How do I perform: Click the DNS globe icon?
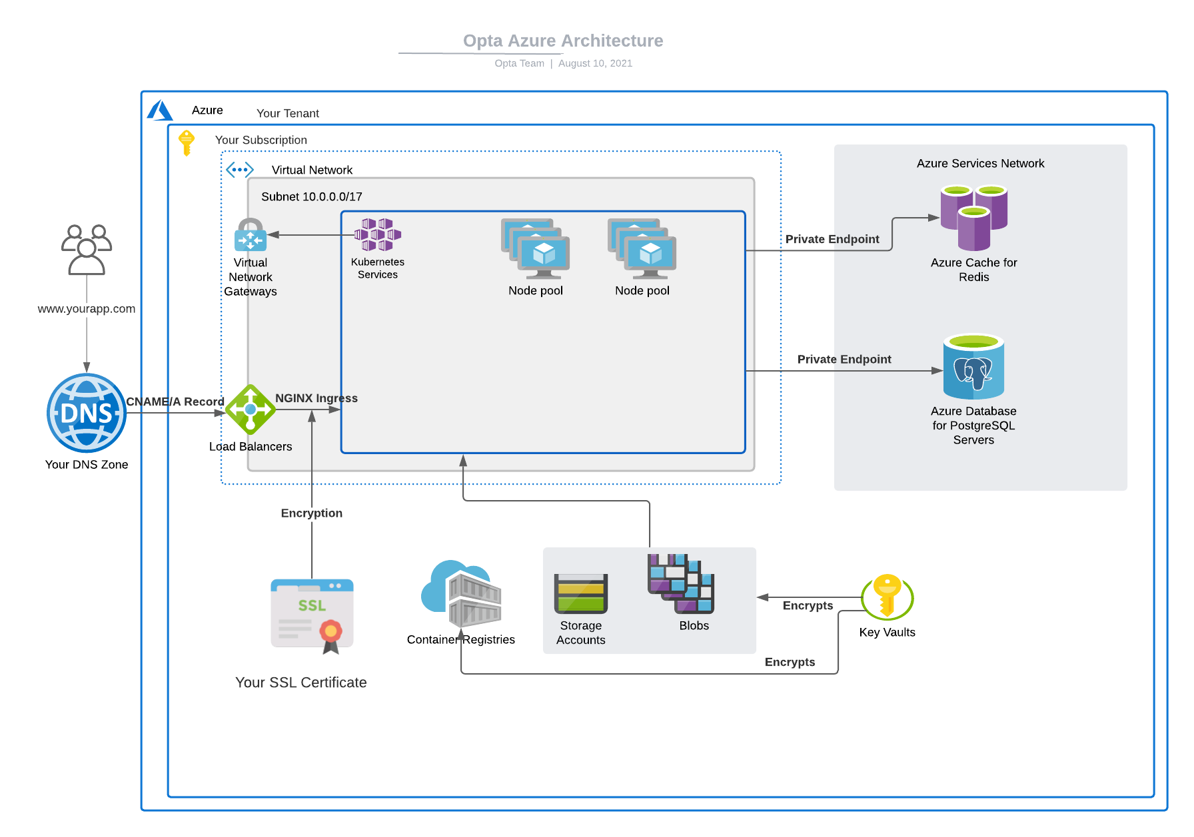(x=87, y=413)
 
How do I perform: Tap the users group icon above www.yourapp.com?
(x=87, y=249)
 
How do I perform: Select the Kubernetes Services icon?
(x=377, y=234)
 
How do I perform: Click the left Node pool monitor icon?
(x=536, y=248)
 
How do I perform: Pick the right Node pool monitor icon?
(x=642, y=248)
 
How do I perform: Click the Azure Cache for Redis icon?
(x=973, y=218)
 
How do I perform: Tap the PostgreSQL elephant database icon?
(x=973, y=367)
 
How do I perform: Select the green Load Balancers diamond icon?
(x=251, y=410)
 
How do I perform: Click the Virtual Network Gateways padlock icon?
(x=251, y=234)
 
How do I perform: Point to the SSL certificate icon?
(x=312, y=615)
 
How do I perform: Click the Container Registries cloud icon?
(x=461, y=594)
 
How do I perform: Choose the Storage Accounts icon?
(x=581, y=593)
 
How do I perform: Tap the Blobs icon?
(x=681, y=583)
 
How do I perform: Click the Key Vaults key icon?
(x=887, y=596)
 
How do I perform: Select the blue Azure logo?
(x=160, y=111)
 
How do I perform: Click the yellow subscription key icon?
(x=187, y=142)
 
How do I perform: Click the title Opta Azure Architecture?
(x=563, y=41)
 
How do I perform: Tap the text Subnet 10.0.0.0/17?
(x=312, y=196)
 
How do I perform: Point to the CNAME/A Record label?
(x=175, y=402)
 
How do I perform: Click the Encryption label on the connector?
(x=312, y=513)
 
